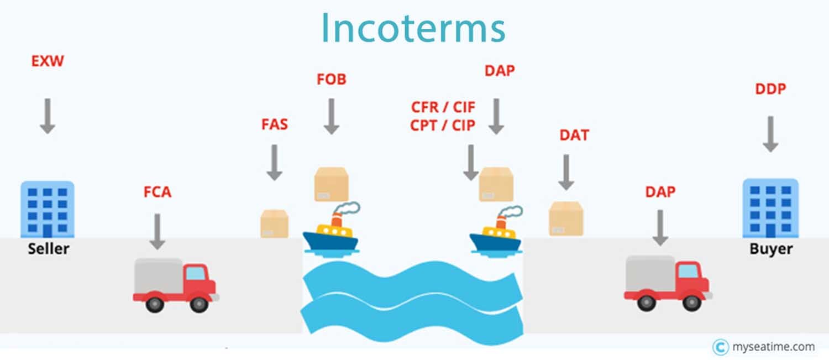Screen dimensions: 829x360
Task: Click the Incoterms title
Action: [413, 28]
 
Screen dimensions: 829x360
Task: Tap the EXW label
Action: [48, 61]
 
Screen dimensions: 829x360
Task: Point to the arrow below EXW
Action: [48, 116]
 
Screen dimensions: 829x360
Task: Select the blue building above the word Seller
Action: [48, 209]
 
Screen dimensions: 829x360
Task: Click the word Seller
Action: [49, 248]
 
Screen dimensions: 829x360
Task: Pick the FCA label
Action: [158, 192]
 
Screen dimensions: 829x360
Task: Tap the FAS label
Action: [275, 124]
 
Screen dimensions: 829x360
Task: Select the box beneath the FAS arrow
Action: [275, 224]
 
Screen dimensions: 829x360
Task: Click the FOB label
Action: [332, 79]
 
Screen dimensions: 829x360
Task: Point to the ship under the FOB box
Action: [331, 229]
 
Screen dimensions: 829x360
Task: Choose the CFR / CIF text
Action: [443, 107]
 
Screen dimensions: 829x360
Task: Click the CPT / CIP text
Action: [443, 125]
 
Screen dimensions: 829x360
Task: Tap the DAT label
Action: [574, 135]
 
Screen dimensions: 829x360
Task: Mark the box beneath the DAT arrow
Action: [566, 218]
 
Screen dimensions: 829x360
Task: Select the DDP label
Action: [770, 89]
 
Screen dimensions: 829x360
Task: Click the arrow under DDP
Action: [770, 134]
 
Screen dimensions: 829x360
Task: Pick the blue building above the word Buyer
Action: [770, 208]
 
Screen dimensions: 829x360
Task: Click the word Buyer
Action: [772, 249]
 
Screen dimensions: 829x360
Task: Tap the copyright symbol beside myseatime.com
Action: [721, 347]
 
